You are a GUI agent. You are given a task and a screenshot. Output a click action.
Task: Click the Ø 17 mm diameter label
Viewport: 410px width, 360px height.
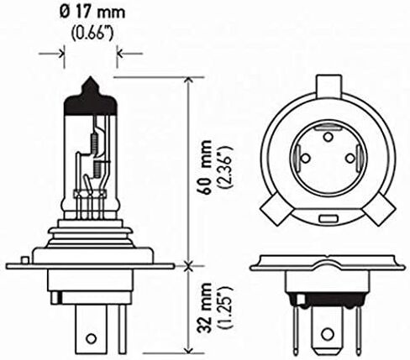[x=92, y=13]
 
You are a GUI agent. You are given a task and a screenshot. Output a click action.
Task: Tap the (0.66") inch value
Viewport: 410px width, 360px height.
[x=92, y=34]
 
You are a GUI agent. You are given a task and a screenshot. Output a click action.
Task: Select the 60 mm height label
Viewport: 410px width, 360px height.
[x=204, y=167]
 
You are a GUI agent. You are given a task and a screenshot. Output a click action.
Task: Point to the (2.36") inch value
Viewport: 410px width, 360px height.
[x=226, y=167]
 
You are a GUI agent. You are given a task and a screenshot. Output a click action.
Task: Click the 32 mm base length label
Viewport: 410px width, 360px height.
[x=204, y=308]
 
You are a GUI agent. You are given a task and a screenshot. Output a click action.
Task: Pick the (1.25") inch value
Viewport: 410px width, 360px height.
[x=226, y=308]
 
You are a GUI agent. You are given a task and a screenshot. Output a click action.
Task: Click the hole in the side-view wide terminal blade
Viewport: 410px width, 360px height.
[x=91, y=338]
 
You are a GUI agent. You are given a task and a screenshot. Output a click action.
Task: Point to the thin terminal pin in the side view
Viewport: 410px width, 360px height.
[x=123, y=329]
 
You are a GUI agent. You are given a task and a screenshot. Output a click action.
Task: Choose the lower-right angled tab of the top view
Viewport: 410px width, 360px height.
[x=380, y=209]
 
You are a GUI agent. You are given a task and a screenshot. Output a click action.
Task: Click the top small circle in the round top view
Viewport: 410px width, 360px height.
[x=328, y=137]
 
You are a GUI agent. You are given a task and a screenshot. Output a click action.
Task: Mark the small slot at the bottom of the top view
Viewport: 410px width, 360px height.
[x=329, y=218]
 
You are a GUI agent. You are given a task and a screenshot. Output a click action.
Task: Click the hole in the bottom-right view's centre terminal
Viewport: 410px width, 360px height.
[x=327, y=334]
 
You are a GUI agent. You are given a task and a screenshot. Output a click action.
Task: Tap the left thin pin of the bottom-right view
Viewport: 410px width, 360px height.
[x=295, y=331]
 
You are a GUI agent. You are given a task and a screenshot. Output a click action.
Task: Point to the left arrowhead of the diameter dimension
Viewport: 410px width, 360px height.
[x=61, y=53]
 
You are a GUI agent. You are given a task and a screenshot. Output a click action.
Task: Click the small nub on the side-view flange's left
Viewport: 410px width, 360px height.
[x=25, y=260]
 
